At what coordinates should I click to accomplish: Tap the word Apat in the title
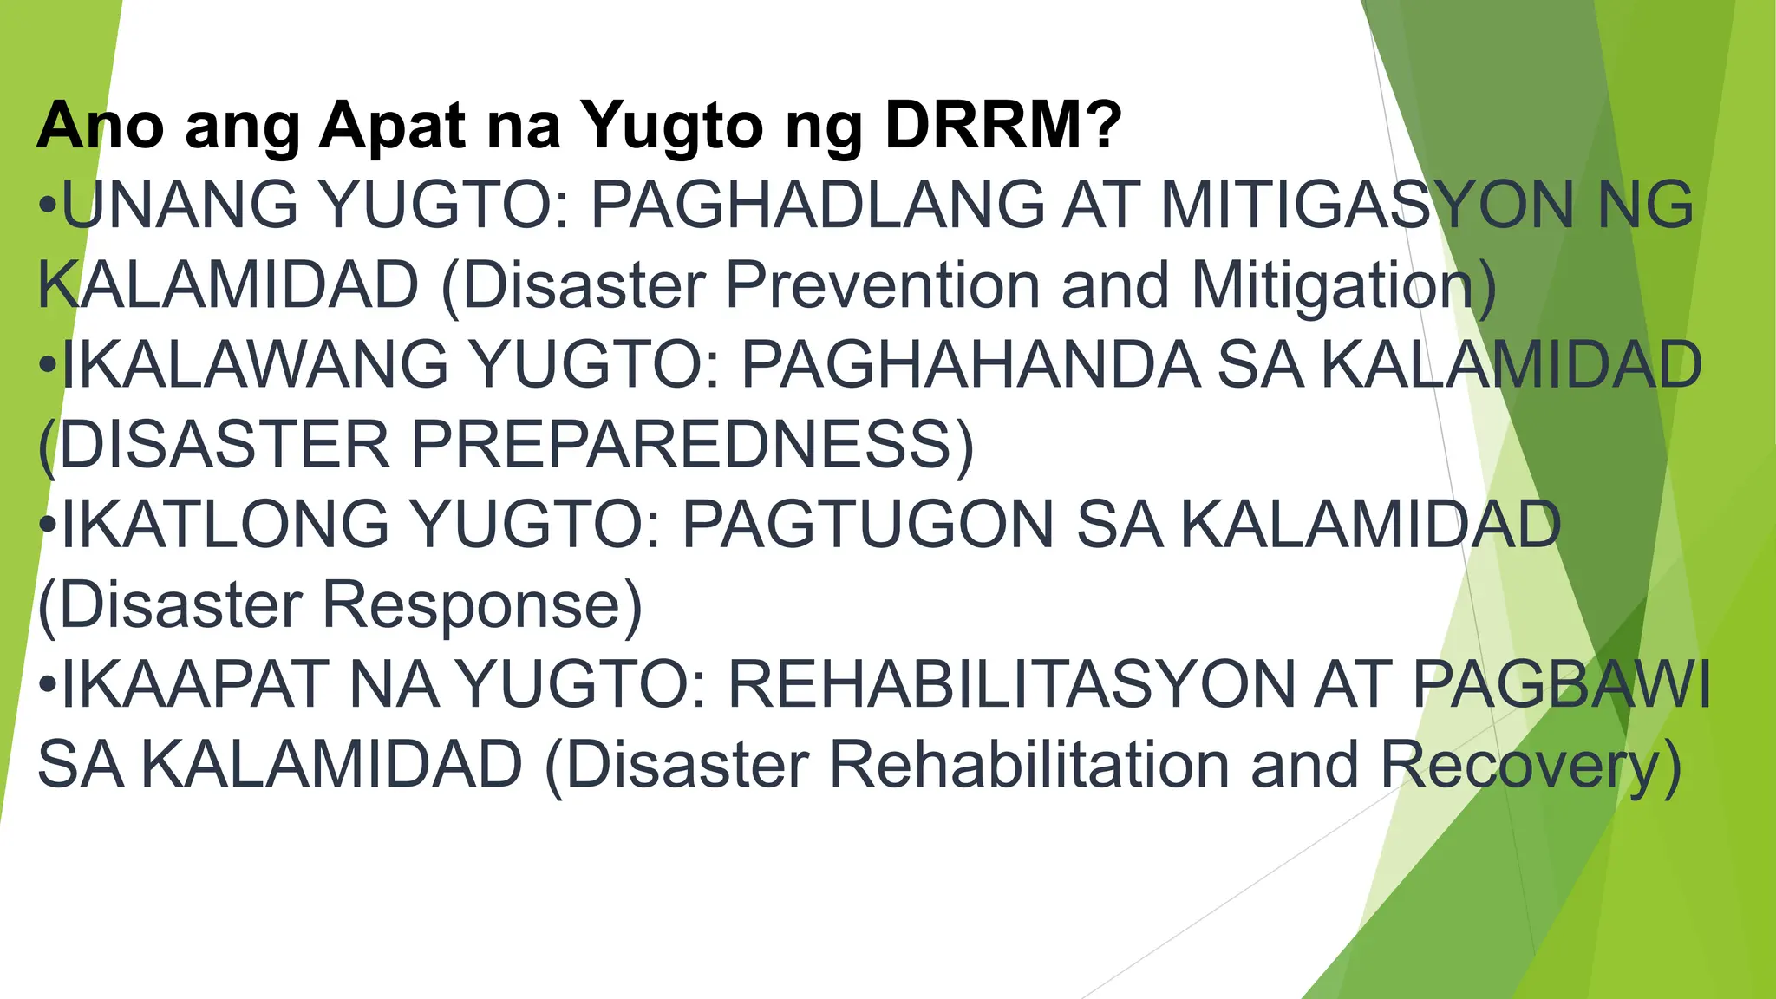[x=394, y=126]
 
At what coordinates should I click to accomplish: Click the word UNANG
[x=178, y=205]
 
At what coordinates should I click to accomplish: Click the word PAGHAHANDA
[x=970, y=364]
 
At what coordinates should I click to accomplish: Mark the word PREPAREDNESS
[x=681, y=444]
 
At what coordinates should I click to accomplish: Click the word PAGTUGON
[x=868, y=524]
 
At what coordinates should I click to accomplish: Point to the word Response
[x=473, y=604]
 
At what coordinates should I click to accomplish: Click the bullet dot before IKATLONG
[x=48, y=526]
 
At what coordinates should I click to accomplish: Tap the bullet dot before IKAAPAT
[x=48, y=686]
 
